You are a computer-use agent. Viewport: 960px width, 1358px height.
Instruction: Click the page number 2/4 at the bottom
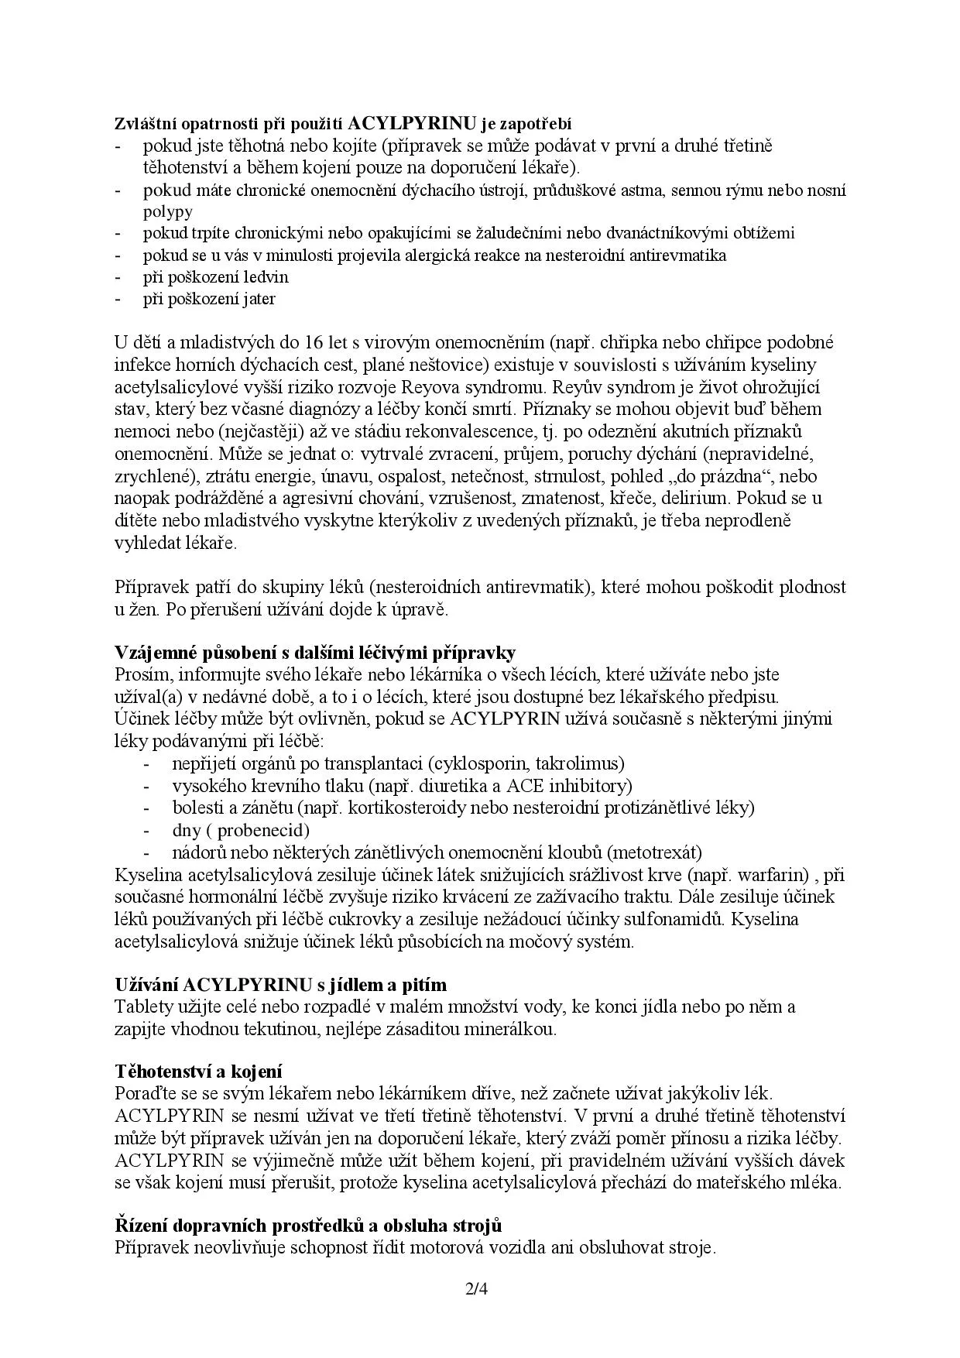point(479,1290)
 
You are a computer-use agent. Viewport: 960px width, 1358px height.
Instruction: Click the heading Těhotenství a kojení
point(199,1071)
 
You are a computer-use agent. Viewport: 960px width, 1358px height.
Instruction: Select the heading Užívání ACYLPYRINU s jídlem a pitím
point(281,985)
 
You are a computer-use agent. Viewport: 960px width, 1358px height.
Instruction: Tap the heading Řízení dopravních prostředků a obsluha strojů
point(308,1226)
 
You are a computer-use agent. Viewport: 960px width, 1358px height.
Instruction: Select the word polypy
point(168,211)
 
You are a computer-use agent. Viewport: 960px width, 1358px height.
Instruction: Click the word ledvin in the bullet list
point(264,276)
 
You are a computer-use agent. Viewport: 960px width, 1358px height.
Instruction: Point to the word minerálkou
point(513,1029)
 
